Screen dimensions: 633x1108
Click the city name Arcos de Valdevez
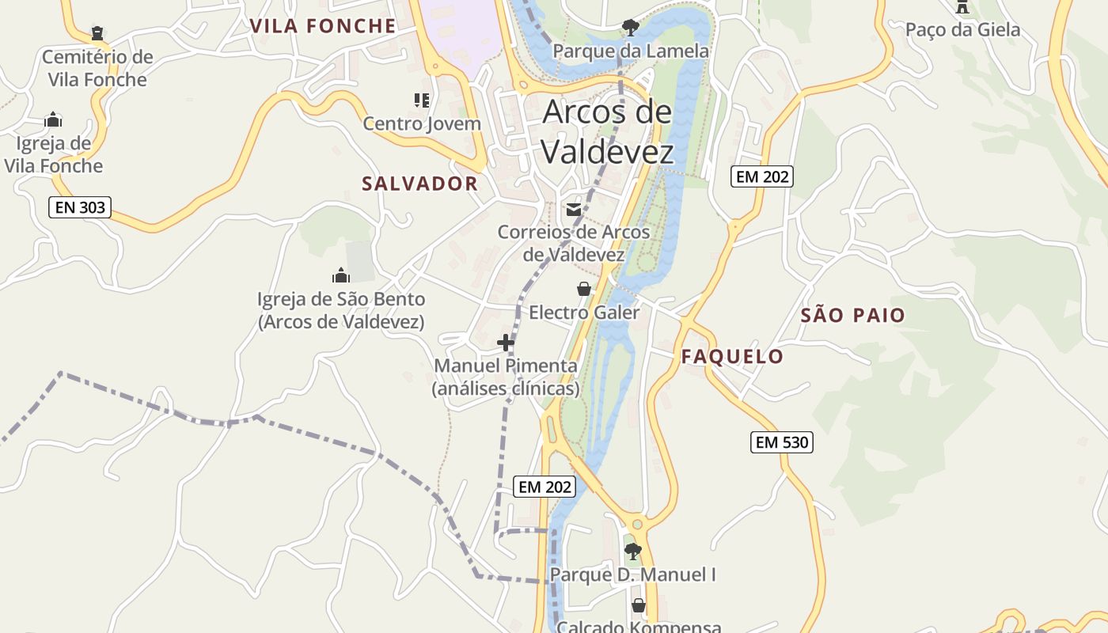point(608,131)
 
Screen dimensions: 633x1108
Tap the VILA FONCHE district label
point(323,26)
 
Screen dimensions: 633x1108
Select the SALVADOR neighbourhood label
point(420,184)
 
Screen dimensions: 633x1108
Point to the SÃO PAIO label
point(853,316)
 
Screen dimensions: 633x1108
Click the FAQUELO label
point(732,357)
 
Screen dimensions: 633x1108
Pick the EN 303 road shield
point(80,208)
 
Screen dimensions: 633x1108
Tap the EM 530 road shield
point(782,442)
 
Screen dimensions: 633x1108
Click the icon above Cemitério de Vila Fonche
point(97,33)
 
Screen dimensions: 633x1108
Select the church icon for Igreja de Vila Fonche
point(53,119)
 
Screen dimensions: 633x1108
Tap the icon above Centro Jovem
point(422,100)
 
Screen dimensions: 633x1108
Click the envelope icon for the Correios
point(574,209)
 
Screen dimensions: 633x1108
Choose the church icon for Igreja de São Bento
point(341,275)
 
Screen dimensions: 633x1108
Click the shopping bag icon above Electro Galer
point(584,289)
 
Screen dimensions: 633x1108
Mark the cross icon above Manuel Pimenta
point(506,343)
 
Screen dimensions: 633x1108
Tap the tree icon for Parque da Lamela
point(630,28)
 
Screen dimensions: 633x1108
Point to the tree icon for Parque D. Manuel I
point(632,551)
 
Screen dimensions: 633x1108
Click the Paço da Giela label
point(962,30)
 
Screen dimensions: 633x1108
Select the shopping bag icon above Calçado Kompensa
point(639,605)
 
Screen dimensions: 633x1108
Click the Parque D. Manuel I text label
point(632,574)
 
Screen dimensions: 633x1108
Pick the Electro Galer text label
point(584,313)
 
